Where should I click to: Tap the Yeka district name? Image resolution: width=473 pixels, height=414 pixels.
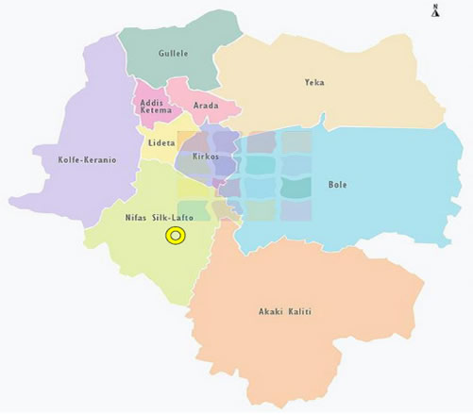(314, 83)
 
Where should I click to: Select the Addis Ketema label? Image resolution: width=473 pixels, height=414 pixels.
(155, 106)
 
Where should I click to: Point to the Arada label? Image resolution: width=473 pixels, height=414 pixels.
(205, 106)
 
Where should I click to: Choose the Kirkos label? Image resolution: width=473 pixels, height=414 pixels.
(206, 155)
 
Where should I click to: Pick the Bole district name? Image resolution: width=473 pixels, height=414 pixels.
(337, 185)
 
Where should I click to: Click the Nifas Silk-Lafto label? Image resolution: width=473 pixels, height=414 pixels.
(160, 218)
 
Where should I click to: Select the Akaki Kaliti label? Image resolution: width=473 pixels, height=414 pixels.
(285, 311)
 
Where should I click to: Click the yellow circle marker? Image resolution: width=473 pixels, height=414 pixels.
(175, 236)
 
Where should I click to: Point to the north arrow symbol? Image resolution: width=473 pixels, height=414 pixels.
(435, 10)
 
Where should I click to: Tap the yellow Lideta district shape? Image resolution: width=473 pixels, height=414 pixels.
(156, 156)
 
